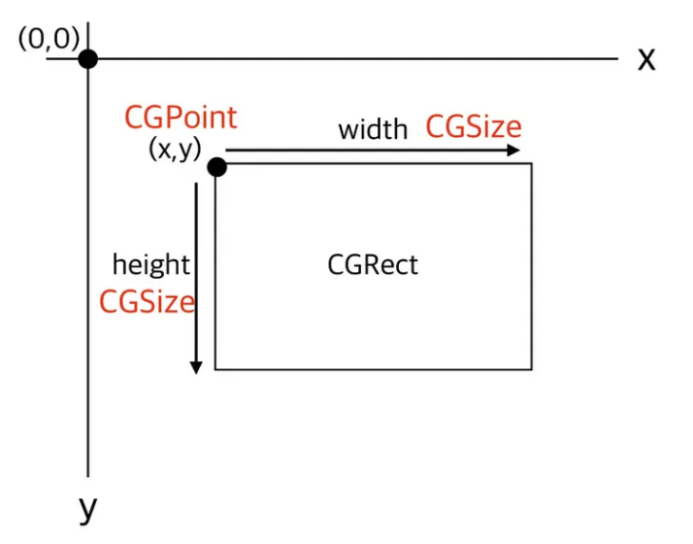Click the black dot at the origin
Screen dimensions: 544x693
pos(88,58)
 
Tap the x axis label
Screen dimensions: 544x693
pos(646,59)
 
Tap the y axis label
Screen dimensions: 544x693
pos(88,508)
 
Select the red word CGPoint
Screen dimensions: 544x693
pos(181,118)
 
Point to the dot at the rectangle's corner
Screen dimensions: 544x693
pos(216,167)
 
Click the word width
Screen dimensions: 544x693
pos(373,129)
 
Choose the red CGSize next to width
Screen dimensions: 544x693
pos(474,127)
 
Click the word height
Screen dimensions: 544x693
pos(151,264)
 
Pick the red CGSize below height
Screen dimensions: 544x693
pos(148,301)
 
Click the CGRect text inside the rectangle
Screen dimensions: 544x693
pos(373,264)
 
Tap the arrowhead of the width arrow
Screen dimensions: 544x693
pos(515,151)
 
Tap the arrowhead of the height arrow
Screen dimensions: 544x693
pos(196,367)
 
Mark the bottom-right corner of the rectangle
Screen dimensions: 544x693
pos(532,369)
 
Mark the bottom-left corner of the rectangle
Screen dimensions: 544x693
pos(215,369)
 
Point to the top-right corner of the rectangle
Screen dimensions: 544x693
pos(532,163)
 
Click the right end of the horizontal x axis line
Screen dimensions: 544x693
pos(616,58)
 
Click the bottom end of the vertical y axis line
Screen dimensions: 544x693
pos(88,476)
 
